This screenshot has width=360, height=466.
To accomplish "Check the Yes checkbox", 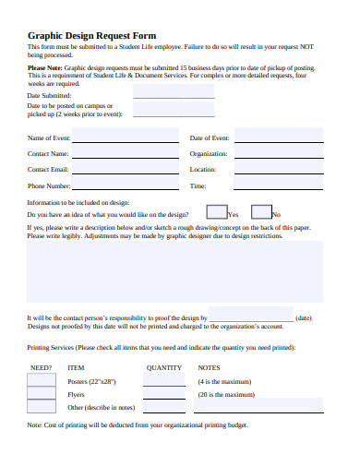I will pos(217,212).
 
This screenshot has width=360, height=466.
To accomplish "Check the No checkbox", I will pos(261,212).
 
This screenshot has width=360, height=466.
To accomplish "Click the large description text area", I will pos(175,272).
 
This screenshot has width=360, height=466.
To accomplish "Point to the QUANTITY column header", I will pos(164,367).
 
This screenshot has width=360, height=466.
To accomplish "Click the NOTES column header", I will pos(210,367).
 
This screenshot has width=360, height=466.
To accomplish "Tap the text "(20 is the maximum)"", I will pos(226,394).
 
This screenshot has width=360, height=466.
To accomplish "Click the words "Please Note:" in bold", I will pos(45,67).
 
